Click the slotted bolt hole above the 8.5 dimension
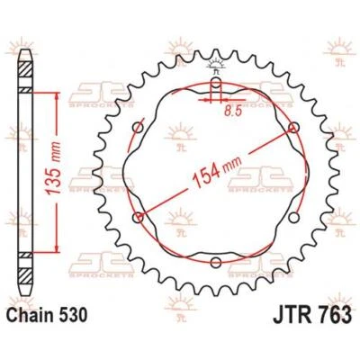[217, 85]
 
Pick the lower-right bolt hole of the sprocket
[294, 217]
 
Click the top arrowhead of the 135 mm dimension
[61, 94]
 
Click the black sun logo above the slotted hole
[217, 64]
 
